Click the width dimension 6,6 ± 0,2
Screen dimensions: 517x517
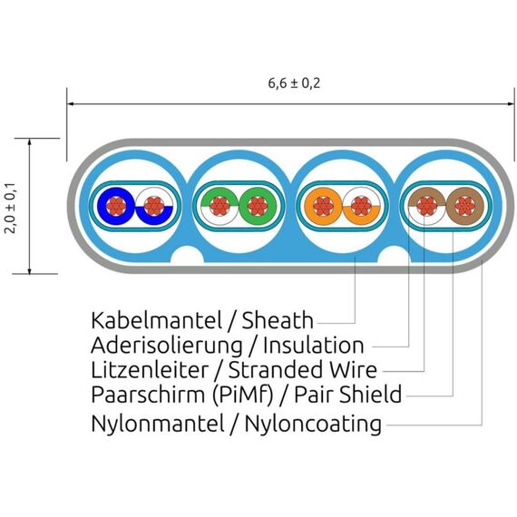[294, 83]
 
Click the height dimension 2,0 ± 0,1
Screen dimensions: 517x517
[11, 208]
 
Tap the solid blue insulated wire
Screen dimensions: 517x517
[116, 207]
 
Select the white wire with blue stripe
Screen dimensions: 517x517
[154, 207]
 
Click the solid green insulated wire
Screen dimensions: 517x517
[258, 207]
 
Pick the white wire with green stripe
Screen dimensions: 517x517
[219, 207]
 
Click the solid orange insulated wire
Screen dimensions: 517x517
[324, 207]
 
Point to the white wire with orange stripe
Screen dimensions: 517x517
[361, 207]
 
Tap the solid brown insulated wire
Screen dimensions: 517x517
[465, 207]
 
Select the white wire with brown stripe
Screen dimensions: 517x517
[427, 207]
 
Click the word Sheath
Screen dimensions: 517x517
[278, 320]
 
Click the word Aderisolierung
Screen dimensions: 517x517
[167, 346]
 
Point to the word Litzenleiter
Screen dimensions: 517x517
[150, 370]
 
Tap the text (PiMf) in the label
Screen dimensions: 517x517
[242, 395]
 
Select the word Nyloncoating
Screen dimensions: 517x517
[313, 424]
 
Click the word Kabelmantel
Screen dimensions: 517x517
[156, 320]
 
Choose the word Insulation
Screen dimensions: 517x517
[314, 346]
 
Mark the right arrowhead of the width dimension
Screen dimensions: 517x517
[511, 104]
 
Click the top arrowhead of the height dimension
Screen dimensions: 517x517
[29, 141]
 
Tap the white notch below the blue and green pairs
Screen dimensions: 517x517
[187, 255]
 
